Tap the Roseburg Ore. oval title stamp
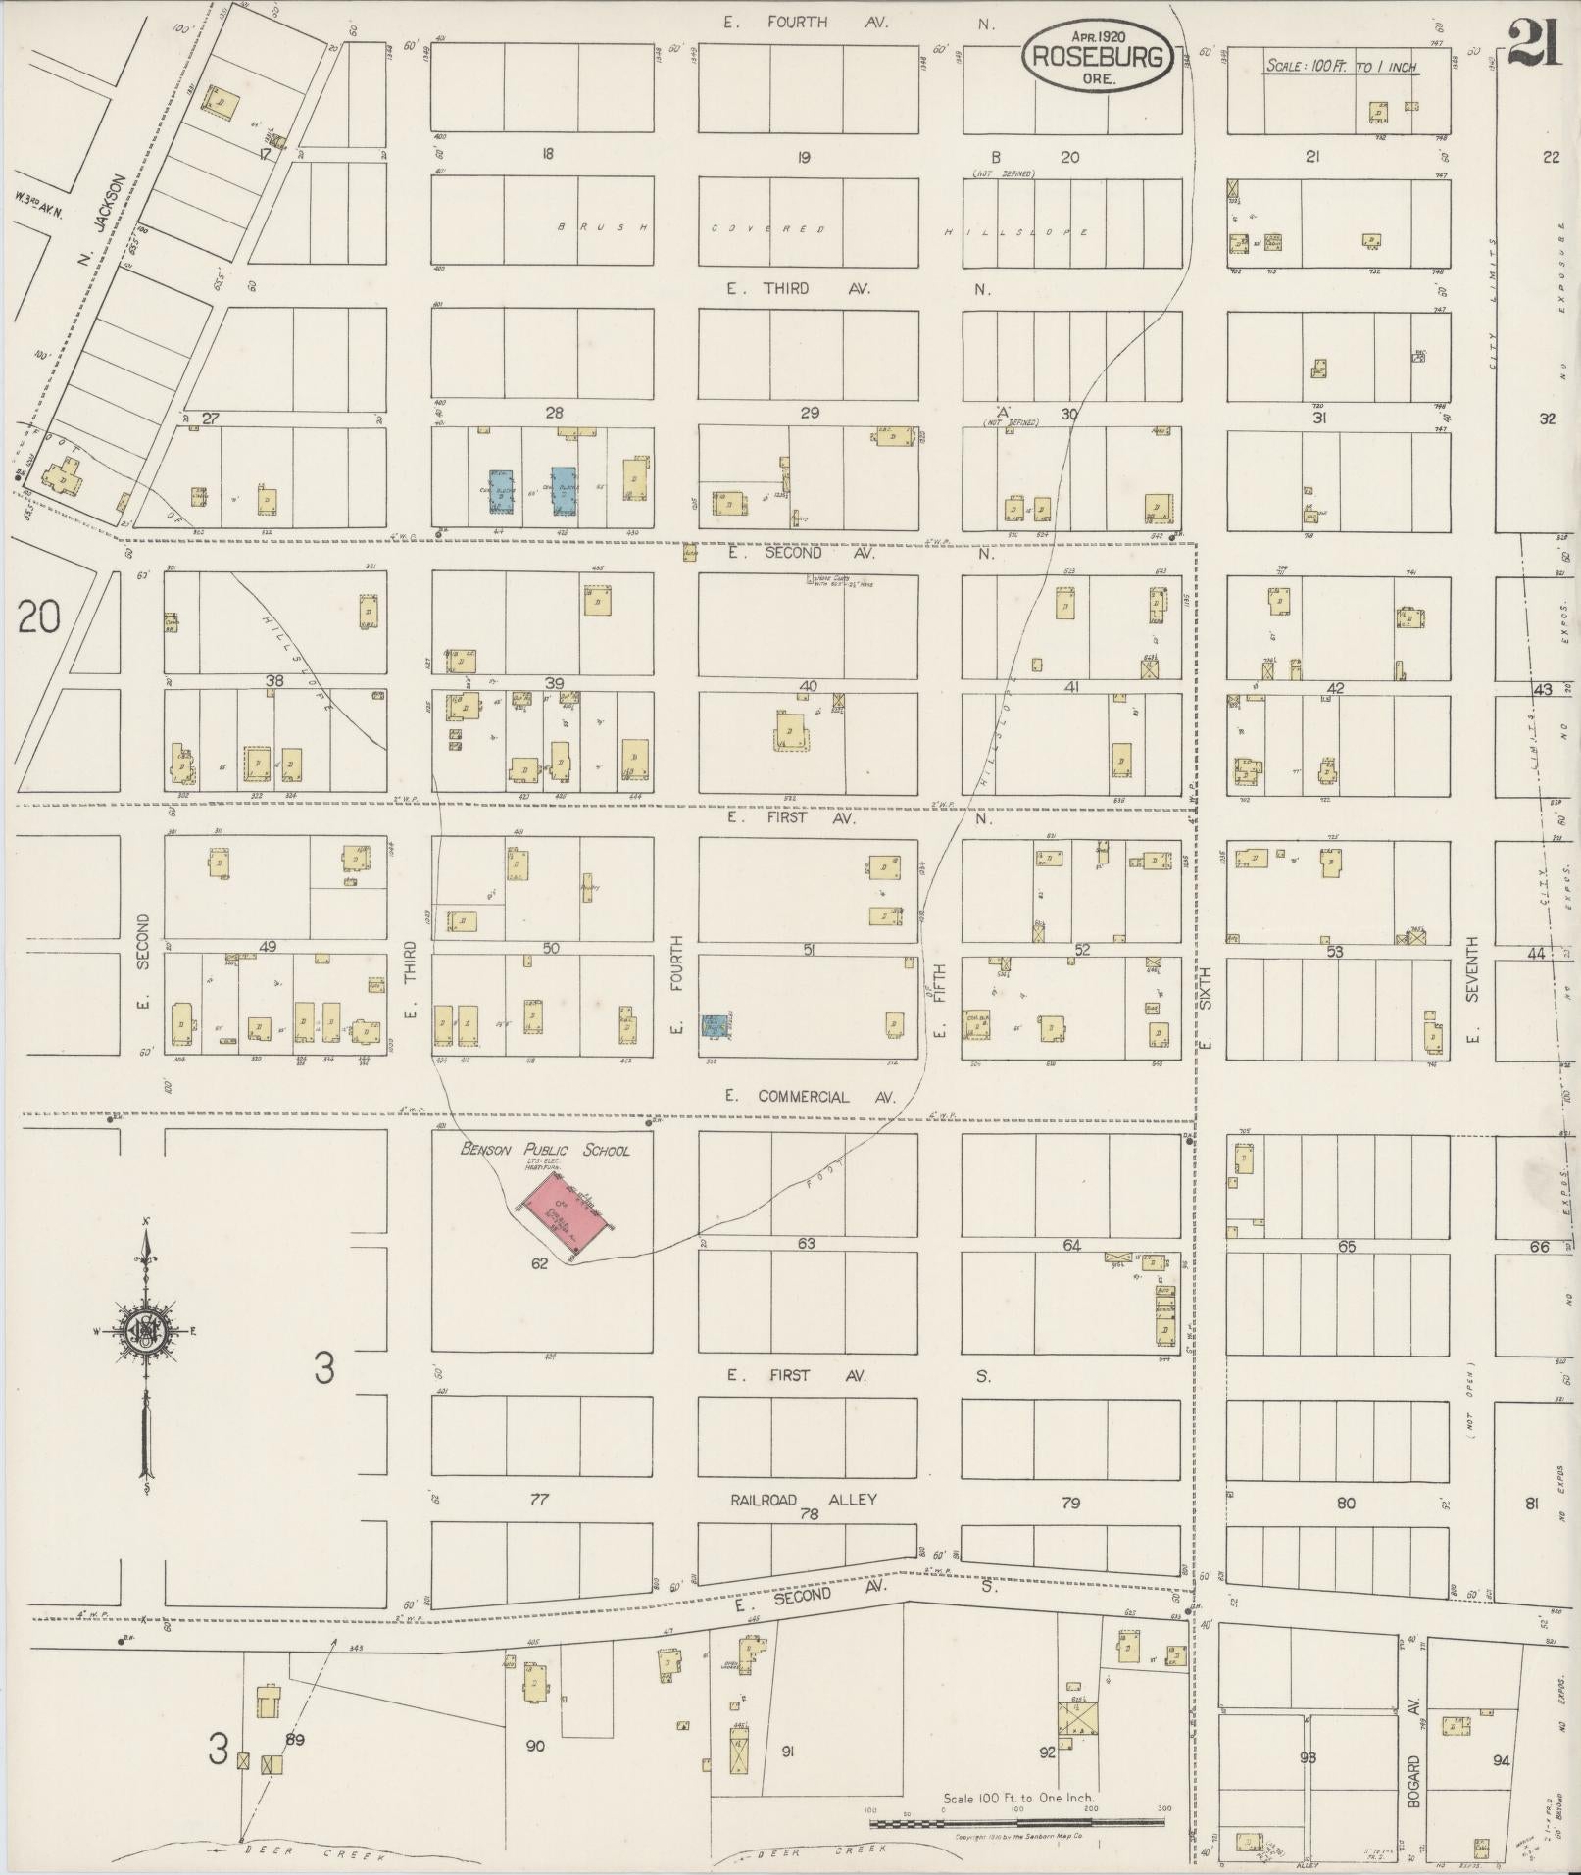pos(1098,56)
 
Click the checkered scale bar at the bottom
pos(1016,1822)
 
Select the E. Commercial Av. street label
pos(801,1096)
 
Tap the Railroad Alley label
pos(804,1500)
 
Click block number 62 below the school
pos(539,1263)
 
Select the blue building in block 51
pos(714,1025)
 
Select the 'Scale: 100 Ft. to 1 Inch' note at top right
pos(1342,67)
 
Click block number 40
pos(808,685)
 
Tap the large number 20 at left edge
pos(38,617)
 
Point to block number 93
pos(1308,1757)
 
